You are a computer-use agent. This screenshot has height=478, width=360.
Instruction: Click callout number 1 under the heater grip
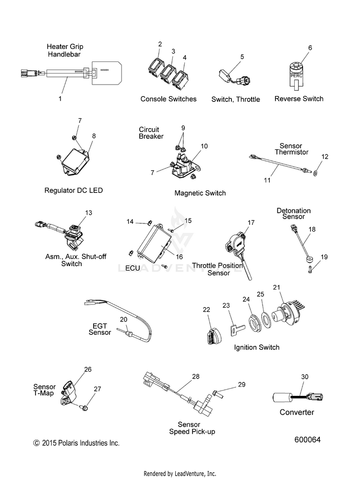[60, 98]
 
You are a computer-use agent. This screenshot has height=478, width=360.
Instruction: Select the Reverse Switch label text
[299, 98]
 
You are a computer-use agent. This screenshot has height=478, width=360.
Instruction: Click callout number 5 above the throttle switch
[242, 57]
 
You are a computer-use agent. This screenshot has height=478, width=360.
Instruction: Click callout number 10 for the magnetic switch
[204, 146]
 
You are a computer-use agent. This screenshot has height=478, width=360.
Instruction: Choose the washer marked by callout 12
[315, 172]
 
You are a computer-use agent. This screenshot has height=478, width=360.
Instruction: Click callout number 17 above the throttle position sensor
[251, 222]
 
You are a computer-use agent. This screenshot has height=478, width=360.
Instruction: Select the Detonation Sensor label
[293, 214]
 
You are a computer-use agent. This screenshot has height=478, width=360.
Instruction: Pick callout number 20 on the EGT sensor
[123, 319]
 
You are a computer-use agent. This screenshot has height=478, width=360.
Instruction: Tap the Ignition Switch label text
[256, 347]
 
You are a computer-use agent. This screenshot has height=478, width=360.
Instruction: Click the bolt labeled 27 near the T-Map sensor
[84, 408]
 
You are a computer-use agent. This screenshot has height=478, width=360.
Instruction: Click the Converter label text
[297, 412]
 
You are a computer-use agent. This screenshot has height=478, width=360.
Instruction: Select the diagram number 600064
[307, 440]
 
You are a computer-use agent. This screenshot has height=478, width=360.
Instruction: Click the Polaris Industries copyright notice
[76, 443]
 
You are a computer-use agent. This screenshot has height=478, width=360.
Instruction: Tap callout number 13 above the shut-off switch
[88, 212]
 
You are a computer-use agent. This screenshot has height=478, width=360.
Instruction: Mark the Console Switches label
[168, 99]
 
